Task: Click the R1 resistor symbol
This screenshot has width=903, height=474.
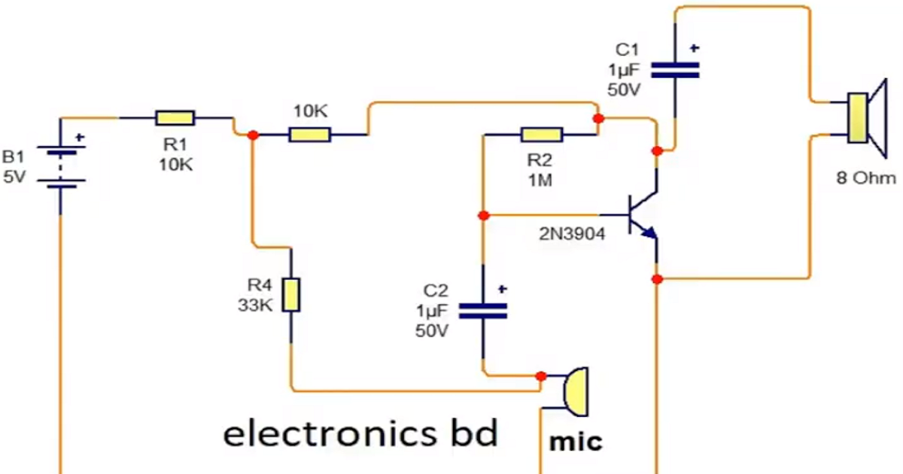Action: point(175,117)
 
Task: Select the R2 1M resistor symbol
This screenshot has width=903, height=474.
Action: point(541,135)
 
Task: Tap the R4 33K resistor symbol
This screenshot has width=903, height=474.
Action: point(290,295)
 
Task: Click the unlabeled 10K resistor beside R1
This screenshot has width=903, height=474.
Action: point(309,135)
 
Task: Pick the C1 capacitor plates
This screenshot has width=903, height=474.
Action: point(675,70)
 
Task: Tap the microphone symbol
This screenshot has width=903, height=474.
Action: point(574,391)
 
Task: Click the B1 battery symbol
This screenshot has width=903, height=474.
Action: point(59,166)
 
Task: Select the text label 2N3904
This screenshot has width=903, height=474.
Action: point(570,233)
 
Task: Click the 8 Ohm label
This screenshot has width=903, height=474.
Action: point(866,178)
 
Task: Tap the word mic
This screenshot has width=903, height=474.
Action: point(576,441)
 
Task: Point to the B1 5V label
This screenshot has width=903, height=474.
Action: point(14,168)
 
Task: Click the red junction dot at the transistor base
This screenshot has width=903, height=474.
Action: point(483,216)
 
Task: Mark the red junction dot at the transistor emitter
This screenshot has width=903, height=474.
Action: point(657,279)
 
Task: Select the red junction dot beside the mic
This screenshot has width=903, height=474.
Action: point(540,376)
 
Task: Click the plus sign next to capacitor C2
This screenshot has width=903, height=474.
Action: point(502,288)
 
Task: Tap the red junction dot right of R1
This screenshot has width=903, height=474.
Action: point(254,135)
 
